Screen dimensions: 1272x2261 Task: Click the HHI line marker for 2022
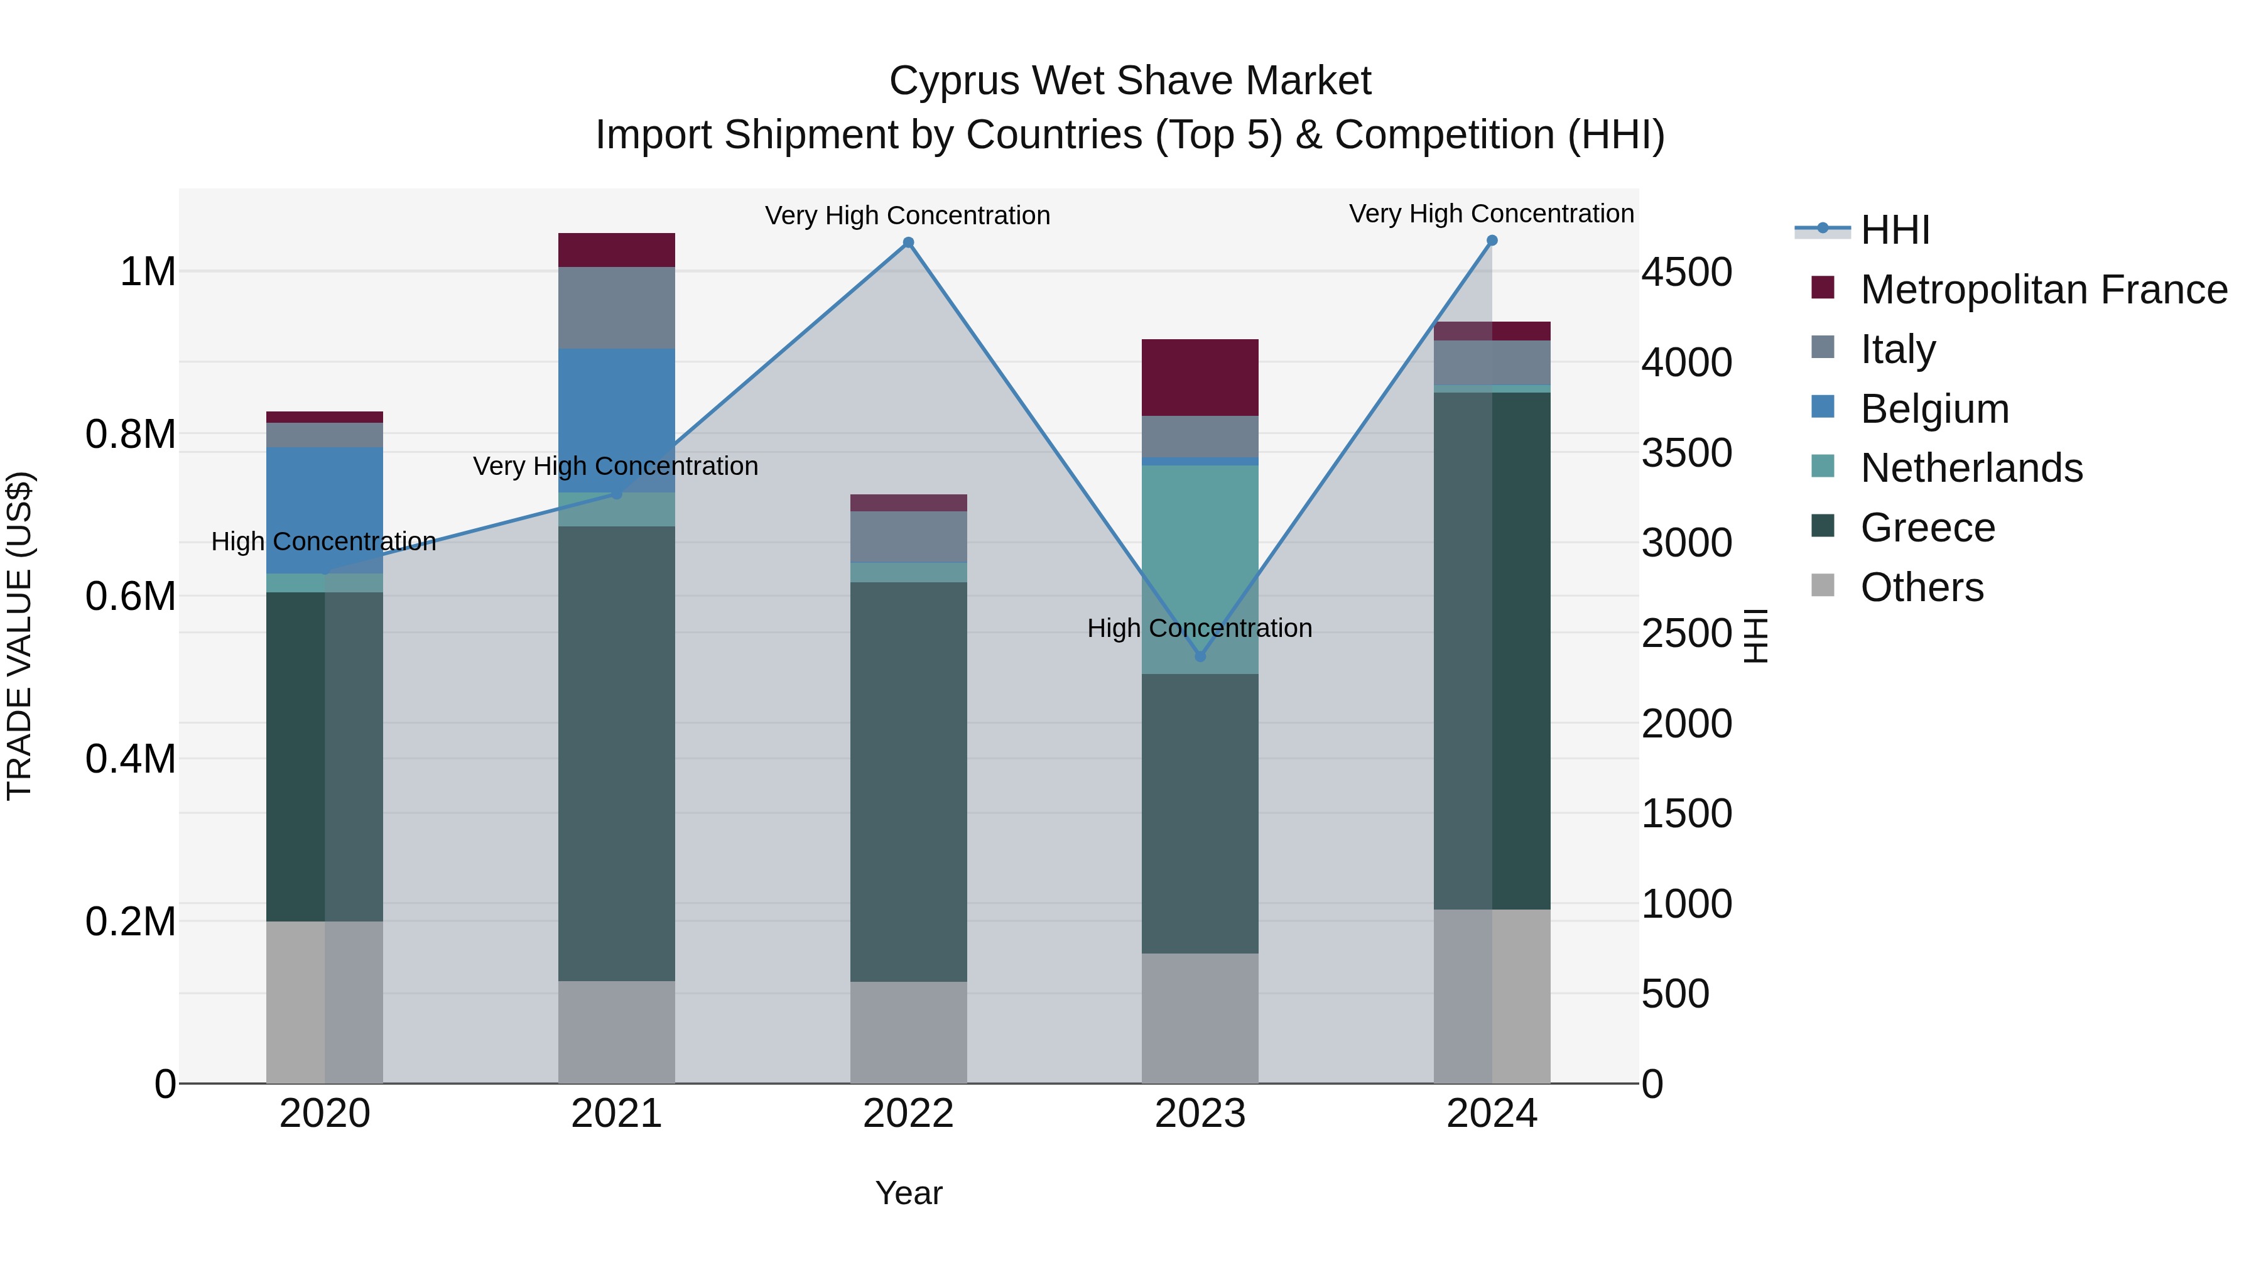click(x=908, y=243)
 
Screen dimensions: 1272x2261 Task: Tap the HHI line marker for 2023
click(x=1201, y=656)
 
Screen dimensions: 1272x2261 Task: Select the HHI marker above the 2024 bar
click(x=1492, y=241)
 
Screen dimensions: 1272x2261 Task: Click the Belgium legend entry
click(x=1934, y=409)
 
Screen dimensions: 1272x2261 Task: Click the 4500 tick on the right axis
click(x=1686, y=272)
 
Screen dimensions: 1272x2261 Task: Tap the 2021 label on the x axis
click(x=616, y=1114)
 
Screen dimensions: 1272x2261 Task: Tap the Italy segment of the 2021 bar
click(x=616, y=307)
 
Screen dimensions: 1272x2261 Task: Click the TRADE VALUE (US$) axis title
click(x=19, y=636)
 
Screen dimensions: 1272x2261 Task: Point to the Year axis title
click(x=908, y=1193)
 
